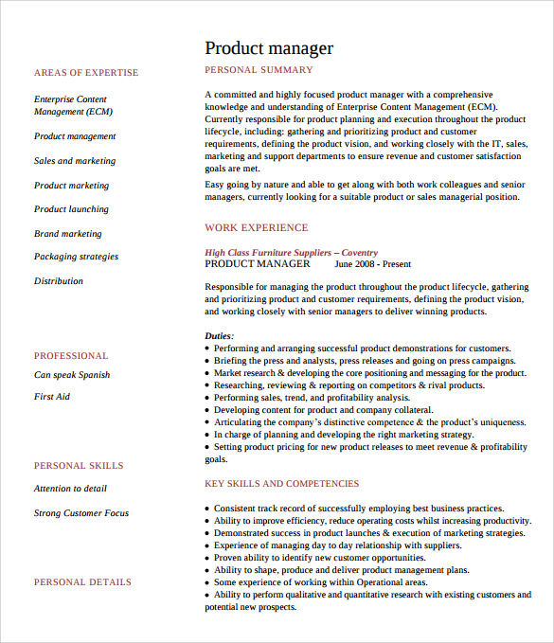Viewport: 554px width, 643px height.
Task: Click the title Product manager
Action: pyautogui.click(x=269, y=48)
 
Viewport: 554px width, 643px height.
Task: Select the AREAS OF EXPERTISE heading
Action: pyautogui.click(x=86, y=73)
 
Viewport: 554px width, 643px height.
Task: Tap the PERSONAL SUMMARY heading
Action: pyautogui.click(x=259, y=70)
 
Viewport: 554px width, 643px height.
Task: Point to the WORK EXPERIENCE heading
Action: pyautogui.click(x=256, y=227)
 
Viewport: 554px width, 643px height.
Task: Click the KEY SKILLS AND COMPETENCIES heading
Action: pyautogui.click(x=282, y=484)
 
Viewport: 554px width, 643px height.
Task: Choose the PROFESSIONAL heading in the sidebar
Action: pyautogui.click(x=71, y=356)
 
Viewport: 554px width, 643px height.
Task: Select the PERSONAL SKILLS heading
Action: pyautogui.click(x=79, y=466)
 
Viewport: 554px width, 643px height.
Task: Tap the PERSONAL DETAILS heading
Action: pyautogui.click(x=82, y=582)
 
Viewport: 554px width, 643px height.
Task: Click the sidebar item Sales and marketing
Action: pyautogui.click(x=75, y=161)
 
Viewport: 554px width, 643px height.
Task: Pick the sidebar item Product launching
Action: pyautogui.click(x=71, y=209)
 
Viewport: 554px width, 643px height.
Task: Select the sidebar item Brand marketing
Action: pyautogui.click(x=68, y=234)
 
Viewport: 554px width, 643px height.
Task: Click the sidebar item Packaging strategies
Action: pyautogui.click(x=77, y=257)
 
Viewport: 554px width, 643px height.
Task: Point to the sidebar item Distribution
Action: pyautogui.click(x=59, y=281)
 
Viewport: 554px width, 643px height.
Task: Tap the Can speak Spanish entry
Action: pyautogui.click(x=72, y=375)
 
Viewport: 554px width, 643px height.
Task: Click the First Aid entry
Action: pyautogui.click(x=52, y=397)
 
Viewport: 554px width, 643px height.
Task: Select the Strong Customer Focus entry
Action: pyautogui.click(x=81, y=513)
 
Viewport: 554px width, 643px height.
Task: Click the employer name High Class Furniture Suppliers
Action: pyautogui.click(x=268, y=253)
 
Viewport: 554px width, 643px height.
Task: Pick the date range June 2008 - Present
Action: pyautogui.click(x=372, y=265)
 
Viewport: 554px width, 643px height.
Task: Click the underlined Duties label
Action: pyautogui.click(x=219, y=336)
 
